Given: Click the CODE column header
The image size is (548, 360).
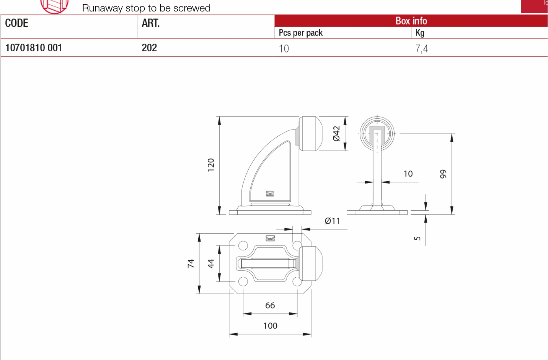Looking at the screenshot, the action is tap(16, 23).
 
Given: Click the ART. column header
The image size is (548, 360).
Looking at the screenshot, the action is tap(151, 23).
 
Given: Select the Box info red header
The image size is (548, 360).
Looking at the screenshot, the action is tap(411, 21).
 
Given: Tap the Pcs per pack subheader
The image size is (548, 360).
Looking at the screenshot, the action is tap(301, 33).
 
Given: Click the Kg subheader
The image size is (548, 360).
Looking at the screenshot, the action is tap(420, 33).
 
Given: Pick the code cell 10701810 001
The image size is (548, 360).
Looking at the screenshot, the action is tap(34, 48).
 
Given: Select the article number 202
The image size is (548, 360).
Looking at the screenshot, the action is tap(149, 48).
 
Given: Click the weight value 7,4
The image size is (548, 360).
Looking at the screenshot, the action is tap(421, 49).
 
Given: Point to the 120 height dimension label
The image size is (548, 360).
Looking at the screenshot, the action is tap(211, 165).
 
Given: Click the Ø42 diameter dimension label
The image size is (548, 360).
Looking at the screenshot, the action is tap(336, 134).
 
